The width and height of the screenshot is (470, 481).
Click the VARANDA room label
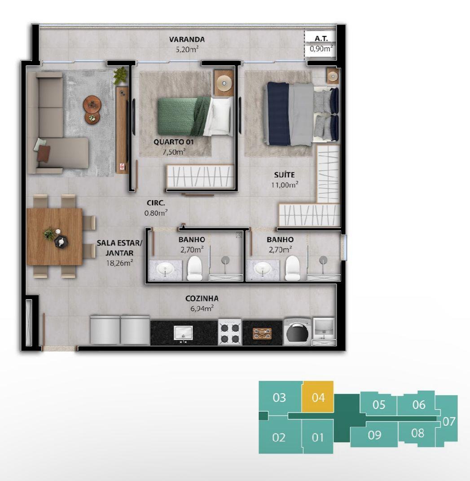click(187, 39)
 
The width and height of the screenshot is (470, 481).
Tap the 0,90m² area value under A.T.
click(321, 49)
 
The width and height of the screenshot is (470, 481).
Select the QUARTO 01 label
click(174, 142)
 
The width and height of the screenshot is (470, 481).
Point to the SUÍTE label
click(284, 175)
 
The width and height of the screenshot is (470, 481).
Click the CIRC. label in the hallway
click(156, 203)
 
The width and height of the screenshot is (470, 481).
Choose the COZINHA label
click(202, 298)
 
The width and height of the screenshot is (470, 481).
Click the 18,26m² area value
click(119, 263)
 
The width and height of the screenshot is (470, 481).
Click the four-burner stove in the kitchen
click(230, 332)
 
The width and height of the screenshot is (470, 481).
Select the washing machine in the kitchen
click(296, 332)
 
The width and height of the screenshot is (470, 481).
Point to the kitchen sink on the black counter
click(183, 333)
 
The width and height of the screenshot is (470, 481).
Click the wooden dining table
click(55, 237)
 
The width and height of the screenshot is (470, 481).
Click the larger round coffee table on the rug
click(92, 104)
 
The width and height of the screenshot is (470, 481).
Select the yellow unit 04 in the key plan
click(318, 397)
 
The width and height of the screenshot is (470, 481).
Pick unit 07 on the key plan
click(448, 421)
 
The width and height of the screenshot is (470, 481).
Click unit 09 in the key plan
click(374, 435)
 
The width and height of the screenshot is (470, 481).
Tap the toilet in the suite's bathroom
click(292, 269)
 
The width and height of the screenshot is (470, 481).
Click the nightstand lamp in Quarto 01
click(224, 83)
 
